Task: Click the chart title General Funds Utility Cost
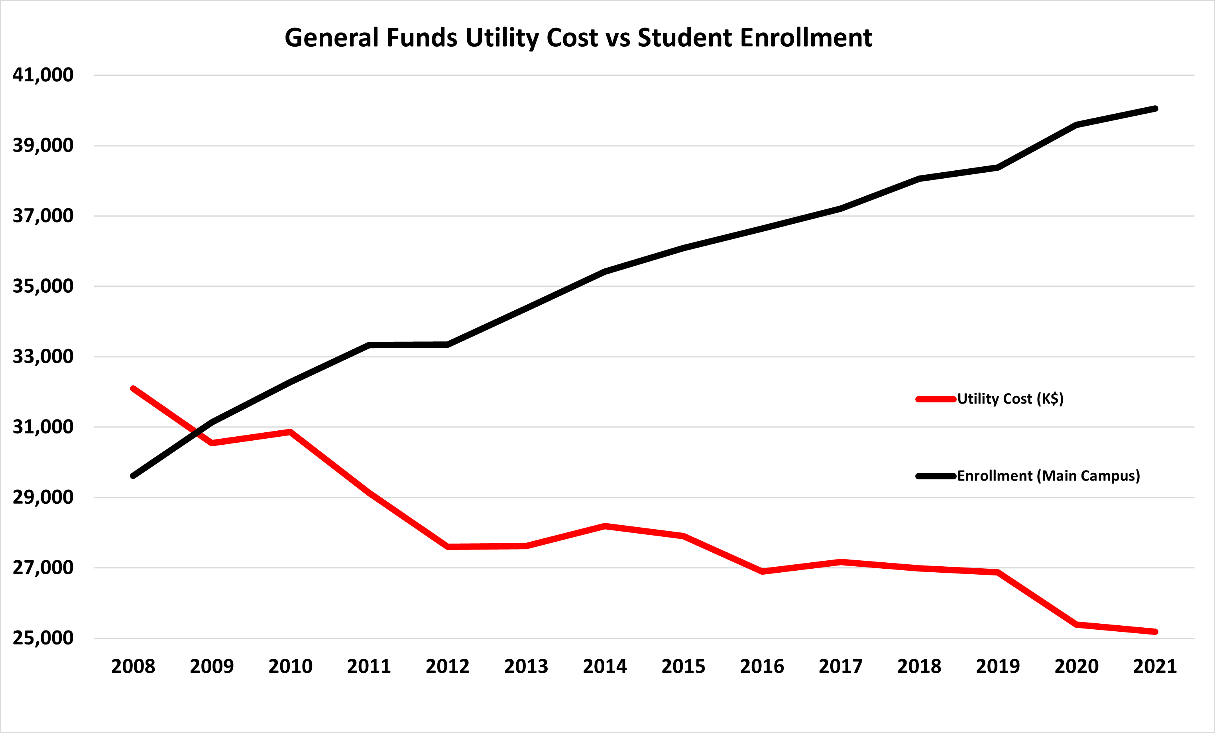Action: (578, 37)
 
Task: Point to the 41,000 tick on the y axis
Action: (43, 75)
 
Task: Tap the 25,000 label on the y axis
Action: (43, 638)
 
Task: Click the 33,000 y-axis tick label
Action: (43, 356)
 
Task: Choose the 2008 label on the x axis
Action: (133, 666)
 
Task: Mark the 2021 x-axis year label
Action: (1155, 666)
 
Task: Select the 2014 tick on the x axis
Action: (605, 666)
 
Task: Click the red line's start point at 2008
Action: (133, 389)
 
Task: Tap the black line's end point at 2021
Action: (1155, 108)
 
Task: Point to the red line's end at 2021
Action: (1155, 631)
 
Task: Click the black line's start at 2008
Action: (133, 476)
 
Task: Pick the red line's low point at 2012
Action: (448, 546)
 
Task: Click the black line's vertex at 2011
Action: (370, 345)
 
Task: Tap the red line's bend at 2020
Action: (1076, 625)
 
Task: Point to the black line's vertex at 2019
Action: (997, 168)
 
